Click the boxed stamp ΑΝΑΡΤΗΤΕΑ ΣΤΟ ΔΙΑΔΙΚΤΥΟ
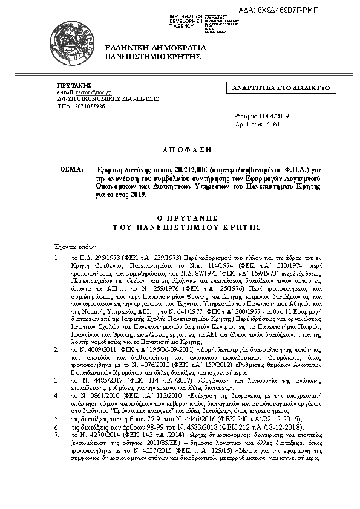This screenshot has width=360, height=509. coord(281,88)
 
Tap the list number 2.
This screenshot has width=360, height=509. coord(57,349)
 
